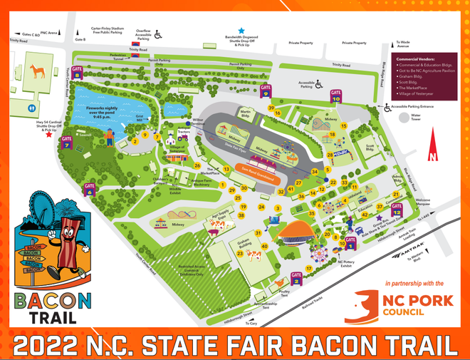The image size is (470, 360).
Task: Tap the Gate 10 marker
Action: [x=336, y=96]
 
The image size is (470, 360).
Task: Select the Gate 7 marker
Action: [x=68, y=142]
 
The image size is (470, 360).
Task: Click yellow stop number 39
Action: [x=271, y=108]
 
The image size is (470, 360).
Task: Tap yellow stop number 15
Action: [x=343, y=125]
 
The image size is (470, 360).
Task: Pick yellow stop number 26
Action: [x=197, y=165]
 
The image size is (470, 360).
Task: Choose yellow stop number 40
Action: [x=264, y=247]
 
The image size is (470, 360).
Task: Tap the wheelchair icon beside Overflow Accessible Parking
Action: [x=158, y=32]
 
